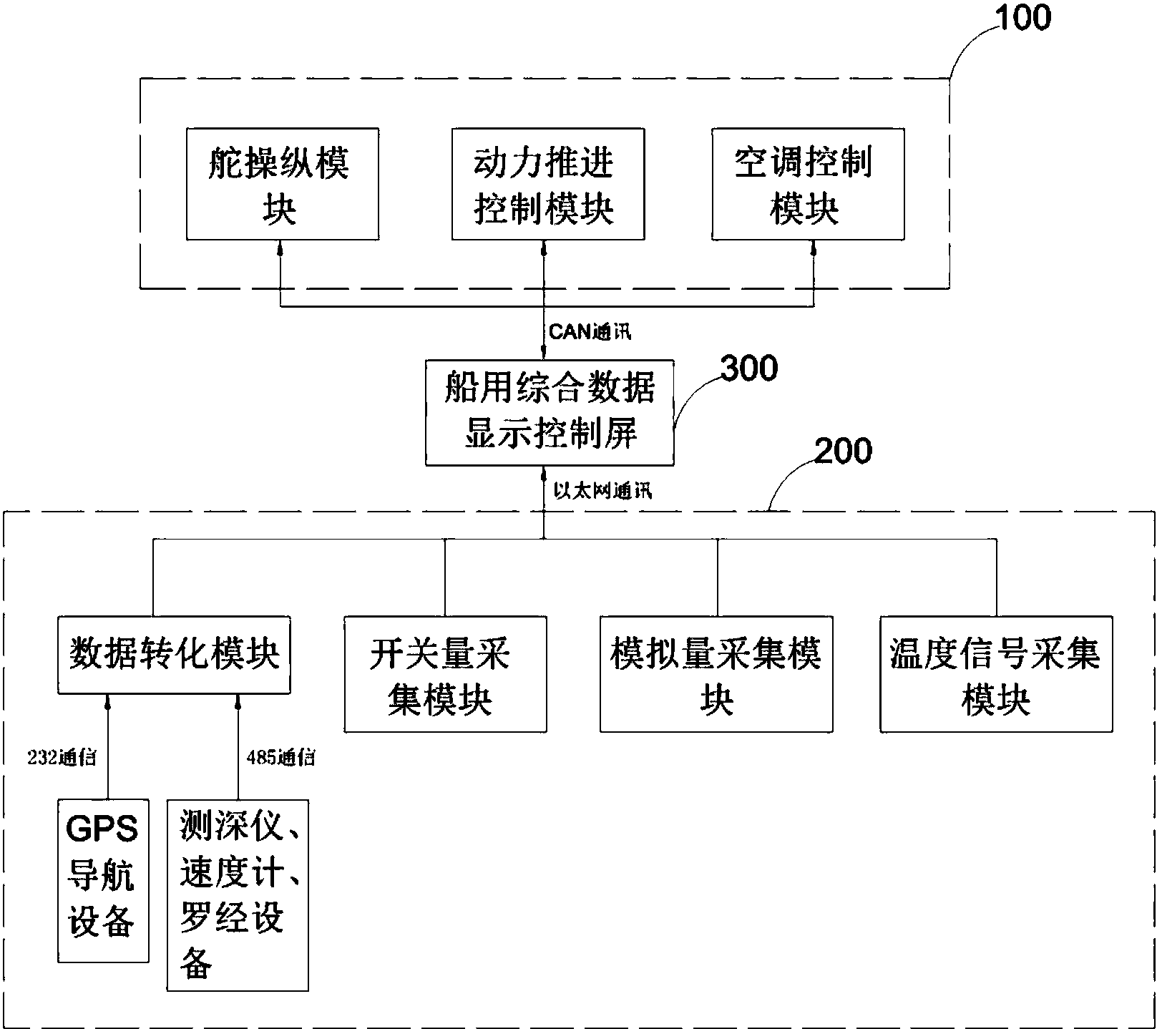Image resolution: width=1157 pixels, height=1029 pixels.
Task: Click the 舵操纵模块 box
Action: point(282,184)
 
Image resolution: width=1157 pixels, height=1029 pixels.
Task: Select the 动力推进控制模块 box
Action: point(547,184)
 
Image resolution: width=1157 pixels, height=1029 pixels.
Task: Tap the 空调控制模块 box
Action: point(807,184)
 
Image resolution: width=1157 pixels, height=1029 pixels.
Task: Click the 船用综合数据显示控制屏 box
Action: point(549,413)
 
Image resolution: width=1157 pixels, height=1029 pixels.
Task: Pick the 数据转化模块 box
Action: point(174,654)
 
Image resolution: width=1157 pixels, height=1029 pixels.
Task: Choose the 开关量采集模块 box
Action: point(444,673)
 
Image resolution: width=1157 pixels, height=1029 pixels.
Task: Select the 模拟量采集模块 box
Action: point(716,673)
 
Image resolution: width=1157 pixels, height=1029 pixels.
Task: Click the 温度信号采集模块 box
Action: point(995,673)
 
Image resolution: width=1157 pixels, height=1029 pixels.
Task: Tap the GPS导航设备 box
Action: point(103,880)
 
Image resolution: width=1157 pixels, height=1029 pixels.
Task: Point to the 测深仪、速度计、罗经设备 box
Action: point(238,894)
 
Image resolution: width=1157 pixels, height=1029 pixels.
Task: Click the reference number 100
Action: point(1023,18)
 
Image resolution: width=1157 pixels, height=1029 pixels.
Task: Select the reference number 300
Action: point(748,369)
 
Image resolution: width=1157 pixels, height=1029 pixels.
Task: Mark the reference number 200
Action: point(843,451)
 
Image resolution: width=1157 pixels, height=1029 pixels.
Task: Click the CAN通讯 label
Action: point(590,332)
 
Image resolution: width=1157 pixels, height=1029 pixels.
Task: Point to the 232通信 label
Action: point(62,757)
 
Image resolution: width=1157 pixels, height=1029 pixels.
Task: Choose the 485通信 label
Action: point(280,757)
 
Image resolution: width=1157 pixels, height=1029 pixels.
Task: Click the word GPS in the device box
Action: point(102,829)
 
